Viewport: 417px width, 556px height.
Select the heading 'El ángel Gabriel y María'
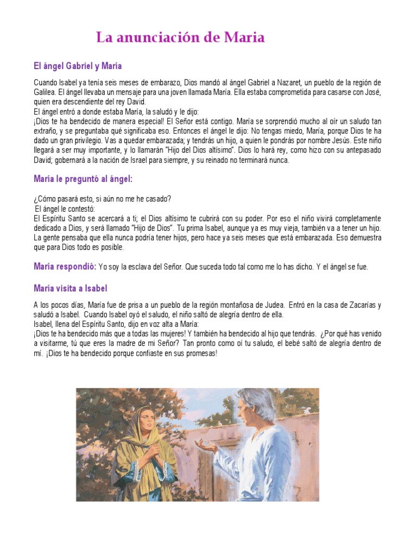tap(78, 66)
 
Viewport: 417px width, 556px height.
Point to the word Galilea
tap(44, 92)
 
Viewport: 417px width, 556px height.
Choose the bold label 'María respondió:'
tap(65, 267)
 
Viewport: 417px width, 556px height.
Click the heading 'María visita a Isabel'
tap(70, 288)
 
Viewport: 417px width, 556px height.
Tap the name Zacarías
tap(361, 305)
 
